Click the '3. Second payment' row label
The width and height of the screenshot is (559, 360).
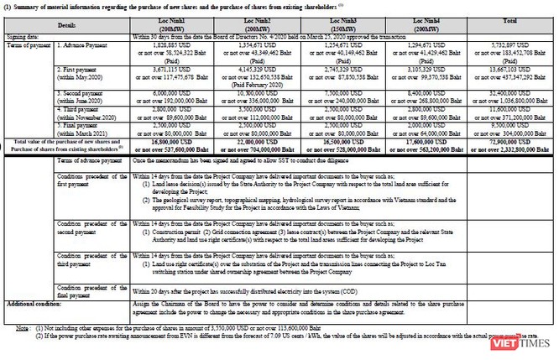point(82,93)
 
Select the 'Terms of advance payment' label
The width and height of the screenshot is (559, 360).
point(88,160)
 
